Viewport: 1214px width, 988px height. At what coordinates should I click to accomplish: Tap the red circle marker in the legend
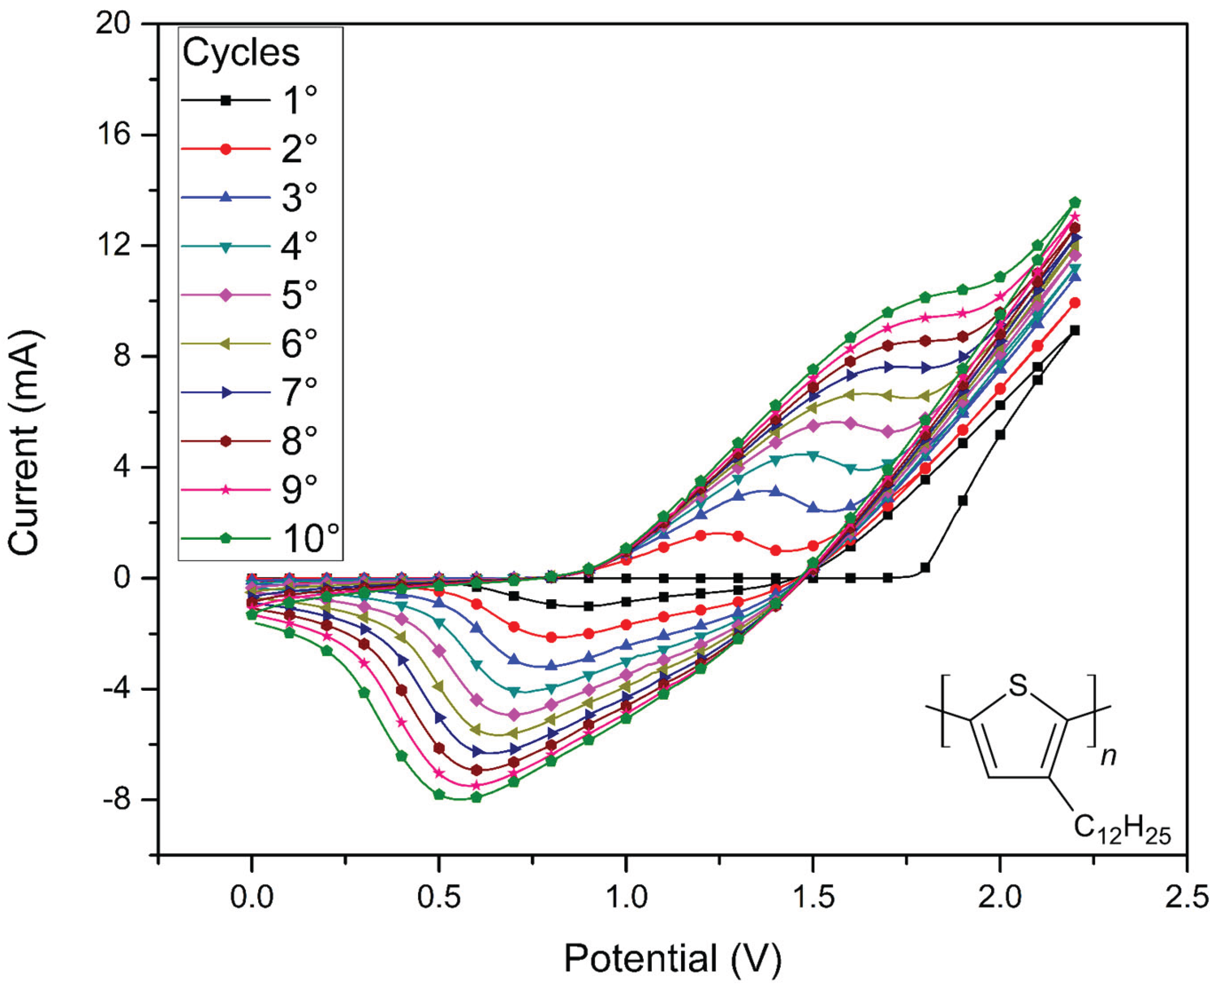[x=226, y=149]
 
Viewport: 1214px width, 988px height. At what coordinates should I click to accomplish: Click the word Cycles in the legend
[x=240, y=53]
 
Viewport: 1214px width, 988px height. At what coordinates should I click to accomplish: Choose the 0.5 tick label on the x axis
[x=438, y=897]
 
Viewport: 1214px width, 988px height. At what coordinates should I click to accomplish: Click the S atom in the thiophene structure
[x=1018, y=687]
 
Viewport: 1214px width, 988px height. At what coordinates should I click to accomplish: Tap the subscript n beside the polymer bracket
[x=1108, y=757]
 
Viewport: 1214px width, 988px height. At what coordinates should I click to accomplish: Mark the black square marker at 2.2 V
[x=1074, y=330]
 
